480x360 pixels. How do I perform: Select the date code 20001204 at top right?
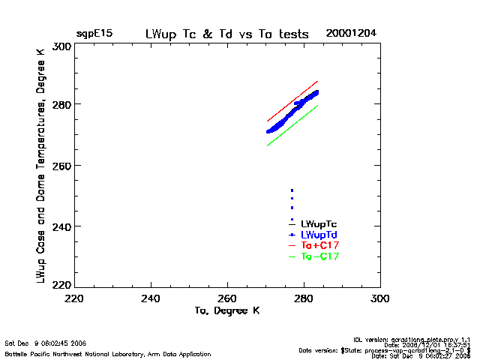pyautogui.click(x=351, y=34)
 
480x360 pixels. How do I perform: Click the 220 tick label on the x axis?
pyautogui.click(x=74, y=298)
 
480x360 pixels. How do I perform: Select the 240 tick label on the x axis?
pyautogui.click(x=151, y=298)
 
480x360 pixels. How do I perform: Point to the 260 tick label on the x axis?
pyautogui.click(x=228, y=298)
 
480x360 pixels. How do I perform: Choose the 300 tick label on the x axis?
pyautogui.click(x=380, y=298)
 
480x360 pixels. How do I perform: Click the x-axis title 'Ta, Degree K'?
pyautogui.click(x=227, y=310)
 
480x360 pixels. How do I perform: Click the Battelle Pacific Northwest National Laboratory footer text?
pyautogui.click(x=108, y=352)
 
